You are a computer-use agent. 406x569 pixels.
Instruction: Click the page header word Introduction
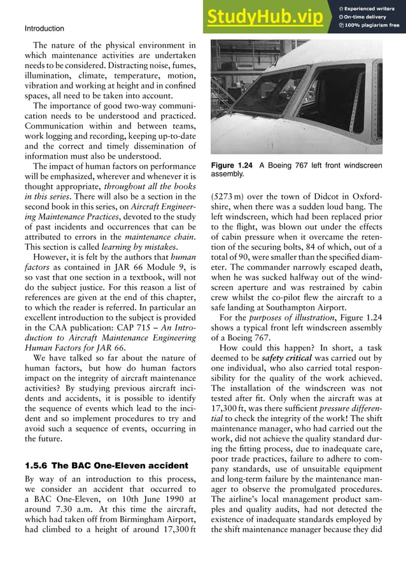click(x=44, y=29)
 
